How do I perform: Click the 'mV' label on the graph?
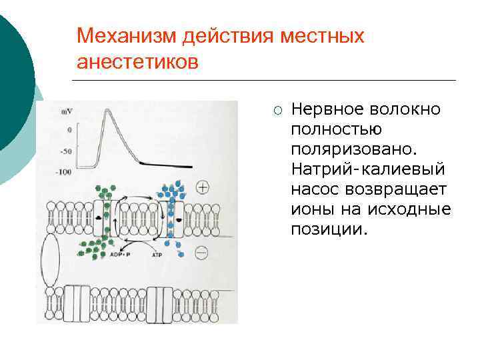pyautogui.click(x=67, y=112)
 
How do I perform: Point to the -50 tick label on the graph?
pyautogui.click(x=66, y=151)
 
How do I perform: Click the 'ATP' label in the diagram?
pyautogui.click(x=157, y=255)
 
